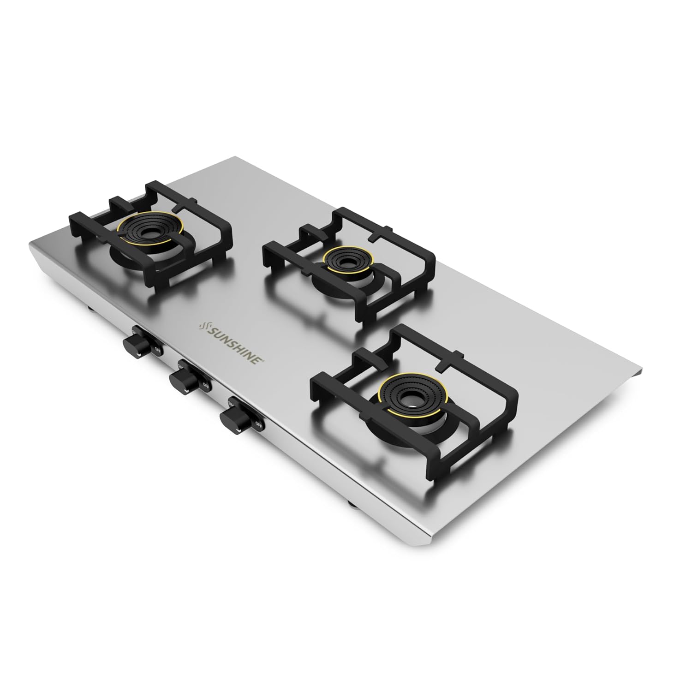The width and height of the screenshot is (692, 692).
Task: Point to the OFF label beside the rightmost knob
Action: pos(259,424)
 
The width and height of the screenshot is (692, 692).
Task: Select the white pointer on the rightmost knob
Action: pos(237,431)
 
